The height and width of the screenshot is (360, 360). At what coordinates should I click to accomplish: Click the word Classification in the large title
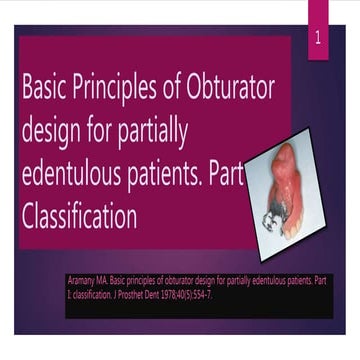(79, 217)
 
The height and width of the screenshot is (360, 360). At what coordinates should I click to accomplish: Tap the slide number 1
(318, 39)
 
